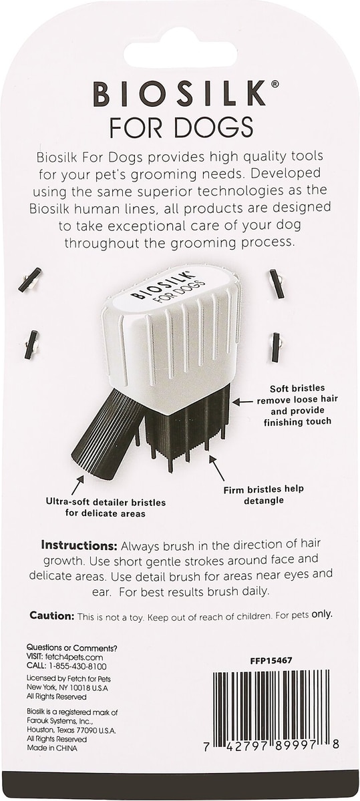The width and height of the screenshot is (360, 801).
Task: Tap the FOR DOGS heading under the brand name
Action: point(181,127)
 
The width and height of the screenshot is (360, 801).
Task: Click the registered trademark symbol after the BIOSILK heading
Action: point(275,84)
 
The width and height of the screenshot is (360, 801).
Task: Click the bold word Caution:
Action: point(52,615)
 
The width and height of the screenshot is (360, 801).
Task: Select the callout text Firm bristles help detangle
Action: point(264,495)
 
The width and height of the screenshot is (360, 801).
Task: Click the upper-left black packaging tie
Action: point(30,279)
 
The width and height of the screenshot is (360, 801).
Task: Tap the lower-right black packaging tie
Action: point(277,346)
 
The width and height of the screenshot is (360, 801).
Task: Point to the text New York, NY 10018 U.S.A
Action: point(67,688)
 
